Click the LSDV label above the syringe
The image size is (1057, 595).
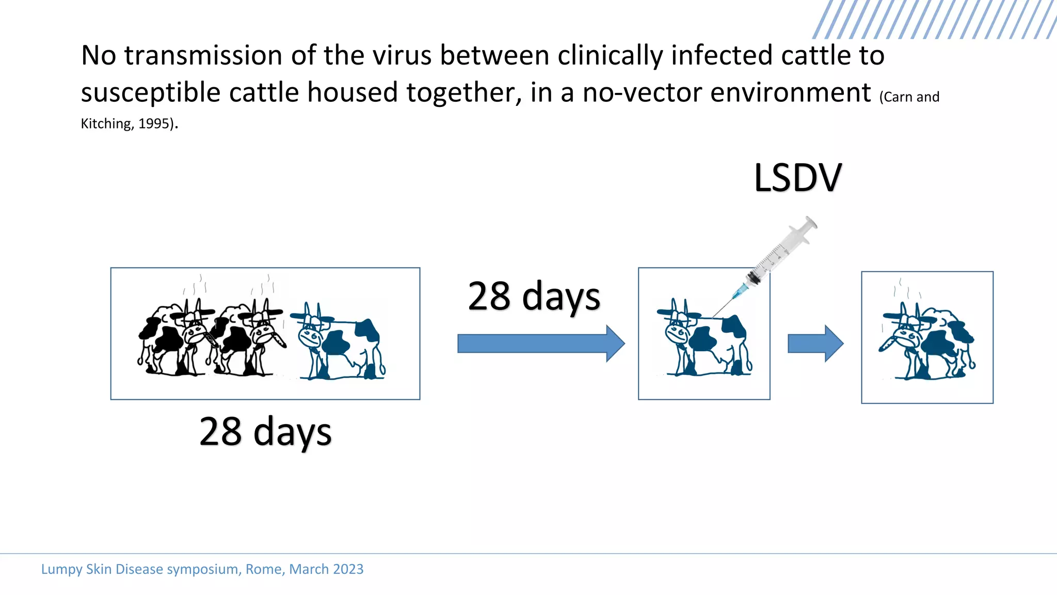tap(797, 178)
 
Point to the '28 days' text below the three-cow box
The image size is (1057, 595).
tap(265, 432)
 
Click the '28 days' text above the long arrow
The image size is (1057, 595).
tap(534, 296)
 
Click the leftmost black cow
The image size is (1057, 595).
tap(173, 338)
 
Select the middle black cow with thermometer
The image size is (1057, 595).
tap(248, 338)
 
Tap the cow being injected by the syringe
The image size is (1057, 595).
tap(704, 341)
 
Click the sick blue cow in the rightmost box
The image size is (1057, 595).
tap(926, 343)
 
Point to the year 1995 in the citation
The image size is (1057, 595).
tap(154, 124)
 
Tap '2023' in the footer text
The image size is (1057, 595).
tap(348, 569)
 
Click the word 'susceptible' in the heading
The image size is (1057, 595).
tap(151, 93)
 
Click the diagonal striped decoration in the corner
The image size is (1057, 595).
tap(934, 19)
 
